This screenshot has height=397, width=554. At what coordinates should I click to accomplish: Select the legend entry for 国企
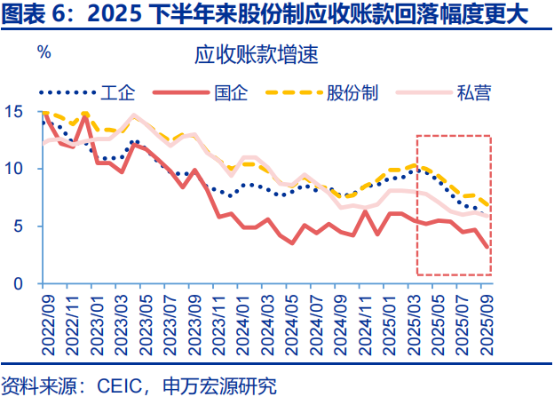click(x=232, y=92)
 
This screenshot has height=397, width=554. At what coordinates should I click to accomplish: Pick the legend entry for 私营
click(x=474, y=92)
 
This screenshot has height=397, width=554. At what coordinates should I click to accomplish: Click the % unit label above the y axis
click(x=44, y=52)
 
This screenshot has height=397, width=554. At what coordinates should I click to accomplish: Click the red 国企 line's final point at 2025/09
click(x=488, y=248)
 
